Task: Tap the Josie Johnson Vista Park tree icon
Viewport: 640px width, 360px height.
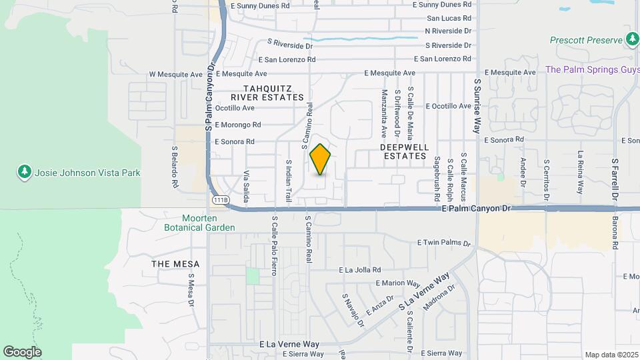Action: tap(25, 173)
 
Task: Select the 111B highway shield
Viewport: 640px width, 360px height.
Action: tap(221, 199)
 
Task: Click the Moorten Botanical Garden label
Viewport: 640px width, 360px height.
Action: tap(199, 223)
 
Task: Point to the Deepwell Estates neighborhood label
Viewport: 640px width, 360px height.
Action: tap(403, 151)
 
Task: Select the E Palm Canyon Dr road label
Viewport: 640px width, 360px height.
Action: tap(475, 209)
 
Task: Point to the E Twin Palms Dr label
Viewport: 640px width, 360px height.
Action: tap(444, 243)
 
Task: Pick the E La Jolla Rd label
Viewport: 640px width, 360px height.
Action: tap(359, 270)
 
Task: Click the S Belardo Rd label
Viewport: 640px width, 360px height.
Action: tap(174, 166)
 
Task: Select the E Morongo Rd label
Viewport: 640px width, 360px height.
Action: tap(238, 125)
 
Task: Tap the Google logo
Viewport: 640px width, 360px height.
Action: tap(22, 351)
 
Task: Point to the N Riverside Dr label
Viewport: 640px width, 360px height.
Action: tap(448, 31)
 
